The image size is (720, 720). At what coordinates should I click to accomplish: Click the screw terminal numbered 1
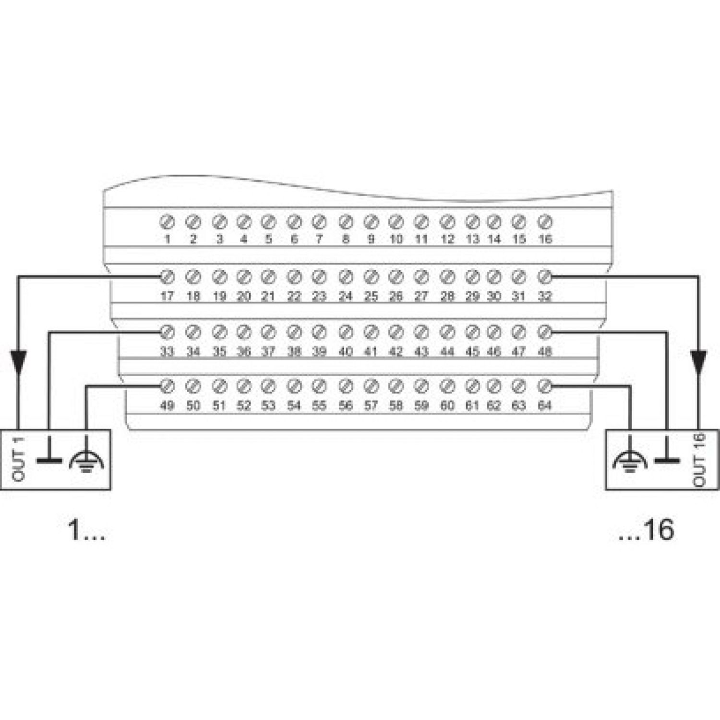pyautogui.click(x=167, y=222)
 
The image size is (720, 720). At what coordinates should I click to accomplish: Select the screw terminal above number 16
pyautogui.click(x=544, y=222)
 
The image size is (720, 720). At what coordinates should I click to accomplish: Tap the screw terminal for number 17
pyautogui.click(x=167, y=277)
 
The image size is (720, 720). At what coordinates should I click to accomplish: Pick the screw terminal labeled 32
pyautogui.click(x=544, y=277)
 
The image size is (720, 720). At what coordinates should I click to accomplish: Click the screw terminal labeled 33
pyautogui.click(x=167, y=332)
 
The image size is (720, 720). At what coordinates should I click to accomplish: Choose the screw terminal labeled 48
pyautogui.click(x=544, y=332)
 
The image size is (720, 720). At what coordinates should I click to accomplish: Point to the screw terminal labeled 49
pyautogui.click(x=167, y=385)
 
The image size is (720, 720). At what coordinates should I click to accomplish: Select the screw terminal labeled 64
pyautogui.click(x=544, y=385)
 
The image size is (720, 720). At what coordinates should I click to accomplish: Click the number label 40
pyautogui.click(x=346, y=352)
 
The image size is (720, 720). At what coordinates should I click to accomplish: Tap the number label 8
pyautogui.click(x=346, y=239)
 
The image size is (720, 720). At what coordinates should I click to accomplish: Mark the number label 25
pyautogui.click(x=371, y=297)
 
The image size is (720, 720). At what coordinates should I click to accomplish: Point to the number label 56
pyautogui.click(x=346, y=406)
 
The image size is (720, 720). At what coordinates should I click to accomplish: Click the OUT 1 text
pyautogui.click(x=19, y=459)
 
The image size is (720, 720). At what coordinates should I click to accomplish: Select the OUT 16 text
pyautogui.click(x=699, y=459)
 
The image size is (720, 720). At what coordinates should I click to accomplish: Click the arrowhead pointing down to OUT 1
pyautogui.click(x=18, y=361)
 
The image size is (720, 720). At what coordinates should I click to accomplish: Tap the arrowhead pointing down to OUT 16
pyautogui.click(x=698, y=361)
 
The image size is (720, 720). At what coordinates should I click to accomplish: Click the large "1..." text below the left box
pyautogui.click(x=87, y=530)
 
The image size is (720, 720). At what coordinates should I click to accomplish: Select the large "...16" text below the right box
pyautogui.click(x=646, y=530)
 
